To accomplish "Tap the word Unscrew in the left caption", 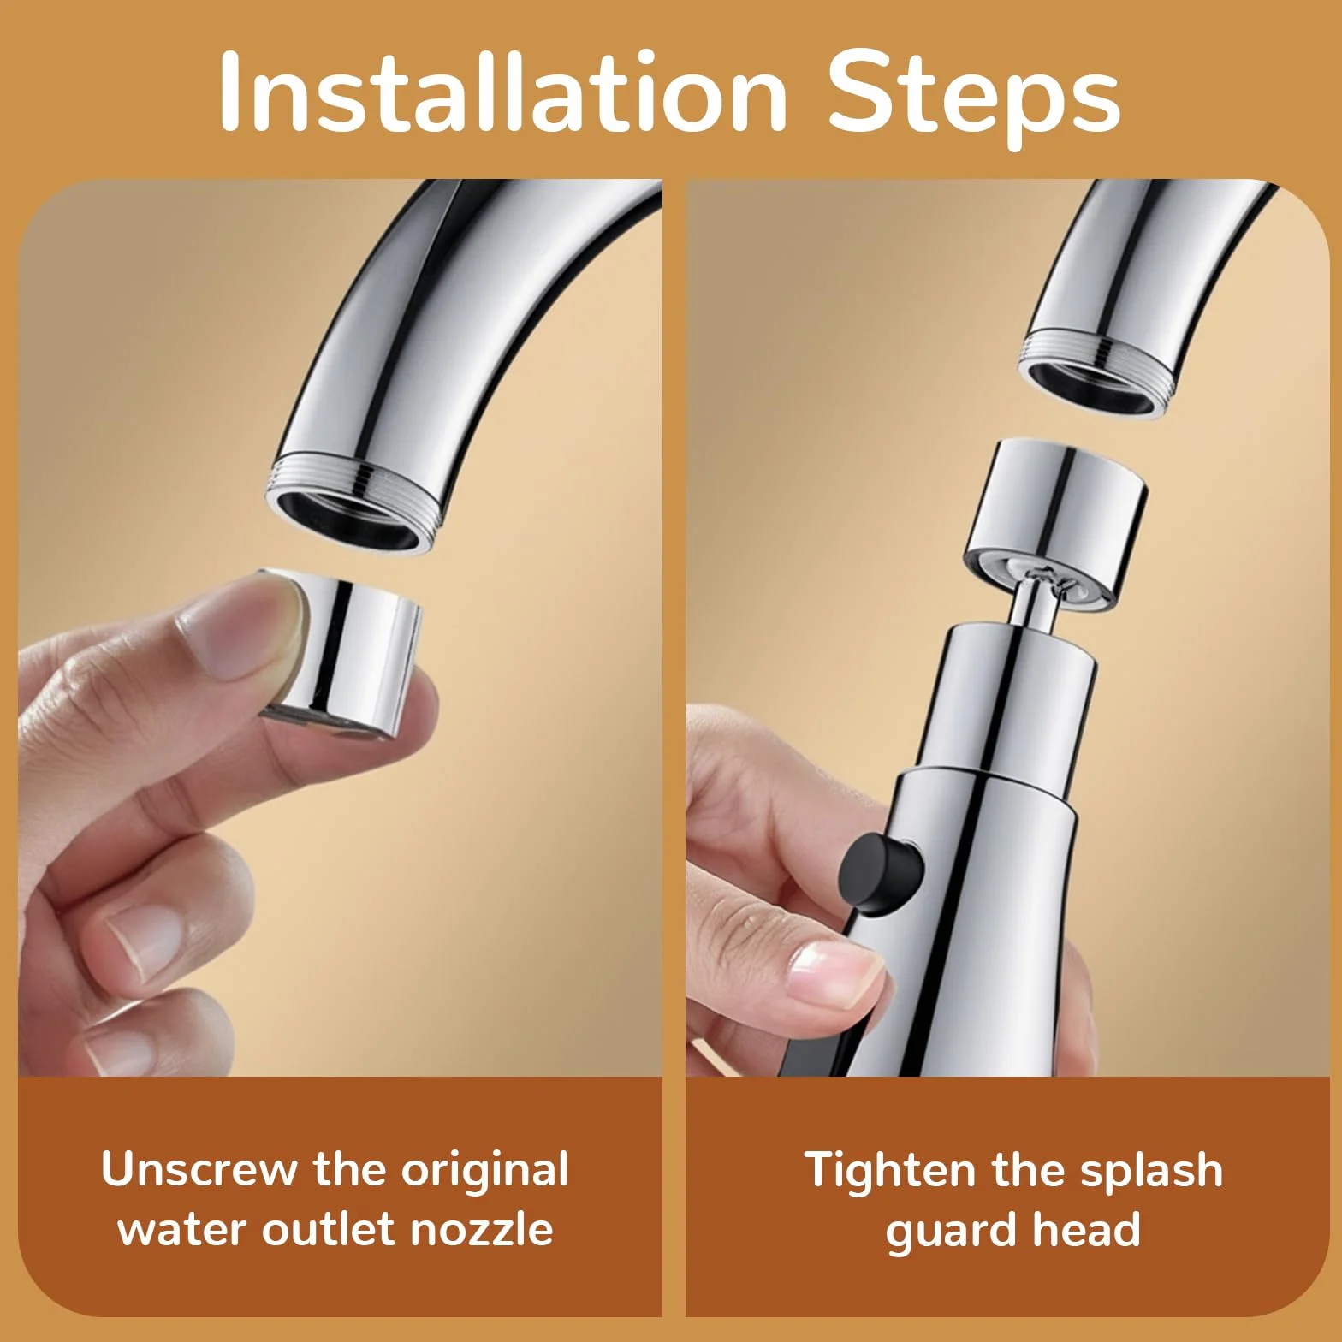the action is (199, 1169).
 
